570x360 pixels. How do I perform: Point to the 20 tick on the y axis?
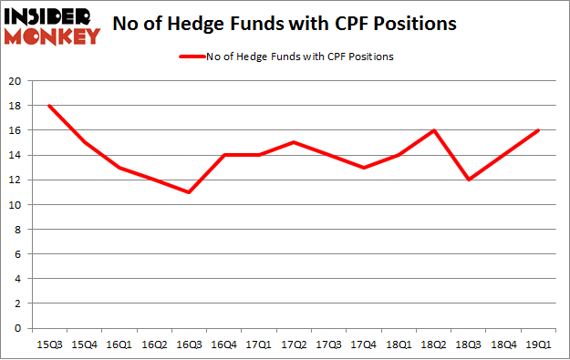17,81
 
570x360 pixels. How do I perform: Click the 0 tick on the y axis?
20,328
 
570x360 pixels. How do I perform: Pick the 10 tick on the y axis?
17,205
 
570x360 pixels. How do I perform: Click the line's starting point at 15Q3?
49,106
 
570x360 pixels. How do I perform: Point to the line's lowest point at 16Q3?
189,192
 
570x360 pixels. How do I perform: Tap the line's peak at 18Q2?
433,130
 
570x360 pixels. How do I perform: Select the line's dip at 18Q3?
468,180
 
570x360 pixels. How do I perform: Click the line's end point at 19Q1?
538,130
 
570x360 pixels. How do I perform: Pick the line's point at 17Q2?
294,142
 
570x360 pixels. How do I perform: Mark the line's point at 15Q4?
84,142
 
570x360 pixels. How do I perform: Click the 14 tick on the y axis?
17,155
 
